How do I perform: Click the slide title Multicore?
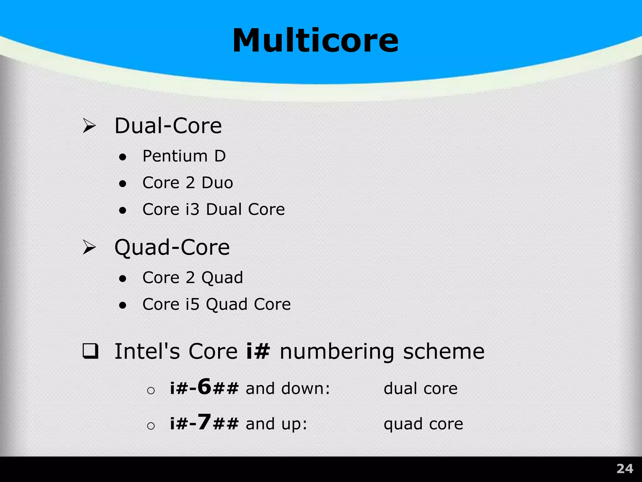coord(315,41)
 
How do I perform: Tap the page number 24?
coord(625,469)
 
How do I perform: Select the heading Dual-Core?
coord(168,126)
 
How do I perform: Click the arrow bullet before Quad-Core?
coord(89,247)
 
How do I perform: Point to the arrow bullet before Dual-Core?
coord(89,126)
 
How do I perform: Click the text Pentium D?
coord(184,156)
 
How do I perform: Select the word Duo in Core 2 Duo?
coord(217,183)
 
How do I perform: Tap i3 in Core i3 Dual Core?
coord(192,209)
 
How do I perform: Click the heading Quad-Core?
coord(172,247)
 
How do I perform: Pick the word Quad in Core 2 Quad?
coord(222,278)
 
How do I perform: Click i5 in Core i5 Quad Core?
coord(192,304)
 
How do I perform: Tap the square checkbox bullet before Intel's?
coord(90,351)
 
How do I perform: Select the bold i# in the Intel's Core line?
coord(258,351)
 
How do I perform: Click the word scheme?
coord(444,351)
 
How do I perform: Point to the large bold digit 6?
coord(204,387)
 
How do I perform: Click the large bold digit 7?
coord(204,422)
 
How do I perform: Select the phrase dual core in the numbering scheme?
coord(420,388)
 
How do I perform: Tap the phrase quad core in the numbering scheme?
coord(423,424)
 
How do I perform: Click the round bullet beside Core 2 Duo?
coord(123,184)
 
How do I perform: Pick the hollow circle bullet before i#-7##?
coord(151,426)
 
